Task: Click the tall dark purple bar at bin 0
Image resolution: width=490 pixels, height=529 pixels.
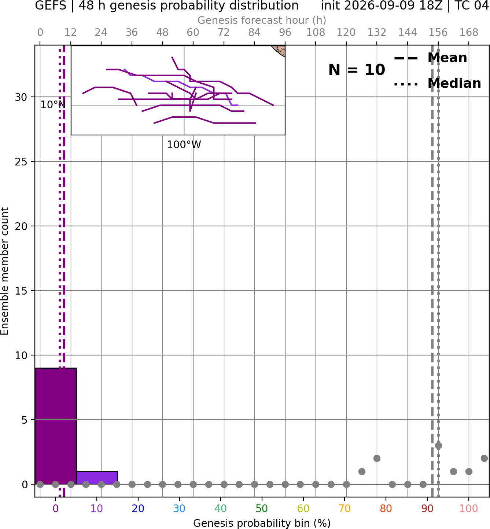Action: [x=56, y=426]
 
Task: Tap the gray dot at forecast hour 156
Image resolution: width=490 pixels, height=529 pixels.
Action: [x=438, y=446]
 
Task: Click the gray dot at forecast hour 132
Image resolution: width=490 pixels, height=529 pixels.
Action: [x=377, y=459]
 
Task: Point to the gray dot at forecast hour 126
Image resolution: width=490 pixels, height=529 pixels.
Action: [x=362, y=471]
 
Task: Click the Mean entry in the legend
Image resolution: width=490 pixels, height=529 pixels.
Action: [x=430, y=58]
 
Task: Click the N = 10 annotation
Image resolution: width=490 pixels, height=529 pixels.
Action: [x=357, y=70]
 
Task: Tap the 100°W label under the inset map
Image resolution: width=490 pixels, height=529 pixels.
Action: [x=184, y=145]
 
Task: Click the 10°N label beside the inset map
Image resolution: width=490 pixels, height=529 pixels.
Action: [x=53, y=105]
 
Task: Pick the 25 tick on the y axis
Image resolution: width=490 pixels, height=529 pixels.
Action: [x=21, y=162]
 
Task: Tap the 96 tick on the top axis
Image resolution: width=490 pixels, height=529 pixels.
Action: [x=285, y=33]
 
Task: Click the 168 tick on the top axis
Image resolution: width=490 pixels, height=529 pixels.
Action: [x=469, y=33]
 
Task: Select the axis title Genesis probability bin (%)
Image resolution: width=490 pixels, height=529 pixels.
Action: [x=262, y=523]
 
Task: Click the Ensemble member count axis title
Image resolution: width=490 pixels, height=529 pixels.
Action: [x=5, y=271]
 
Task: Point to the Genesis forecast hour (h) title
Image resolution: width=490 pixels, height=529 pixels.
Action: [x=262, y=20]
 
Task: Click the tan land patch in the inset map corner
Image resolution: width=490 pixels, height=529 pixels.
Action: [x=280, y=50]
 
